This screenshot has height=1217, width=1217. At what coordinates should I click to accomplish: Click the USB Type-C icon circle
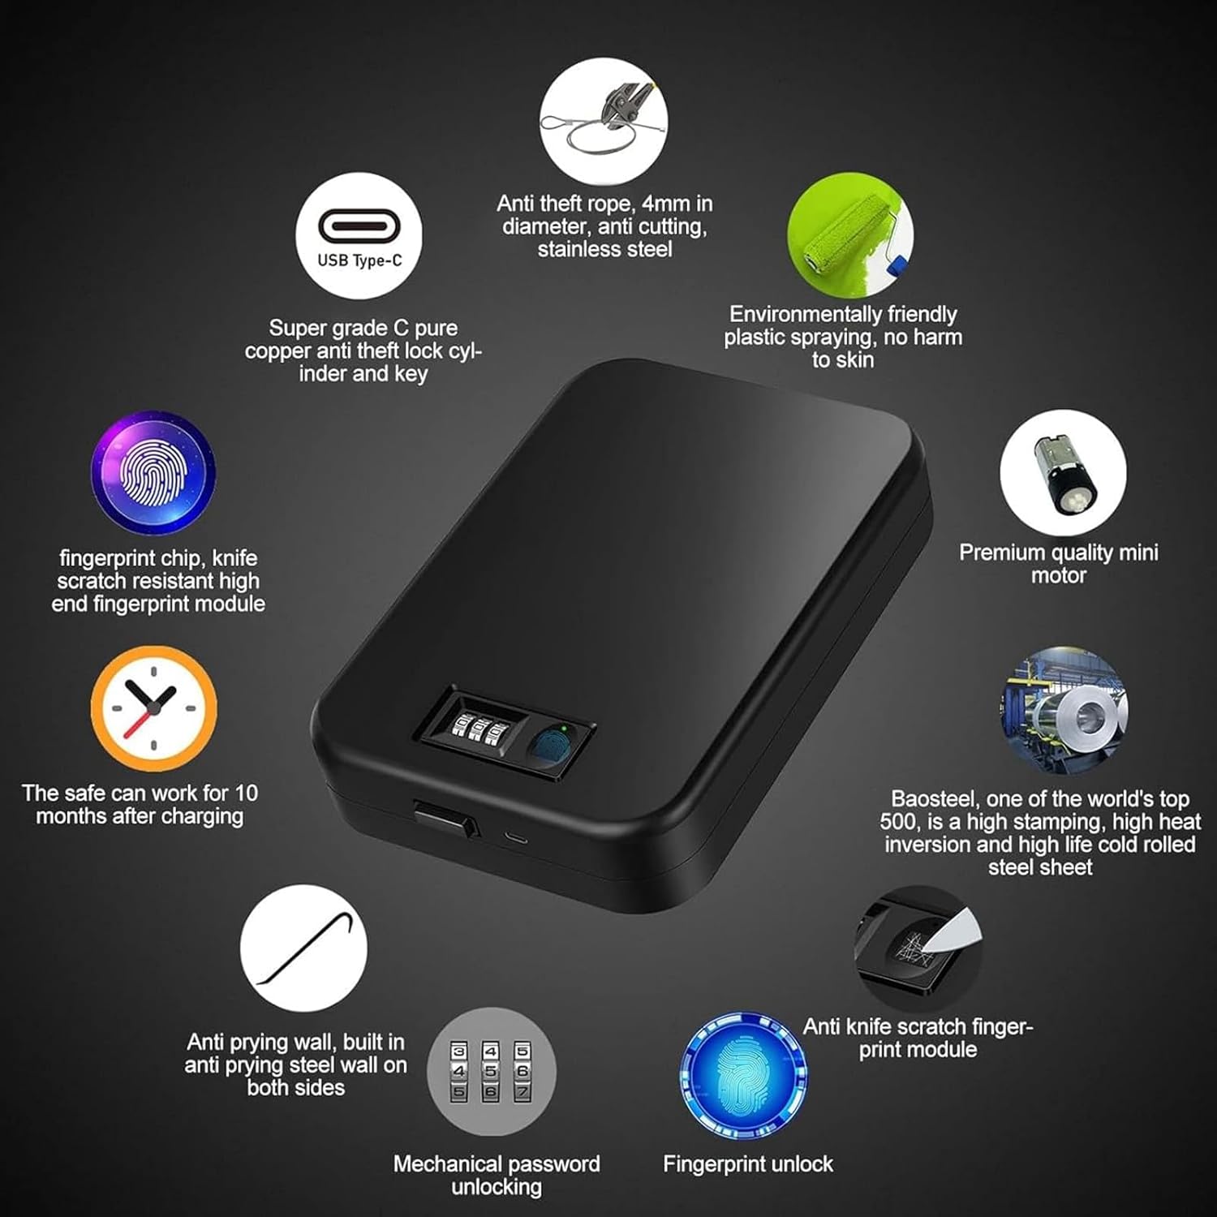coord(359,236)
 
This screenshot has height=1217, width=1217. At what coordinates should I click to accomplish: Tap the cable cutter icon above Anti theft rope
coord(604,121)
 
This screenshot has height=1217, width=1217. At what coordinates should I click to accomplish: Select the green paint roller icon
coord(850,235)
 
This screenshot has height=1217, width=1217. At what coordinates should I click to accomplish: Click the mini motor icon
coord(1063,473)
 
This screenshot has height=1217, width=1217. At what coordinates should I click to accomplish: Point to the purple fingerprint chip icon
coord(153,473)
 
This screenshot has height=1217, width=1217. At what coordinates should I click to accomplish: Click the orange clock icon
coord(153,708)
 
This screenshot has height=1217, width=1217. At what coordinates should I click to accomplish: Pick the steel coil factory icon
coord(1064,710)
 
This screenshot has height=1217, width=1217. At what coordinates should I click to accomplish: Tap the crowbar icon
coord(303,948)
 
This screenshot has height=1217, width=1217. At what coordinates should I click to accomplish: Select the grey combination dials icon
coord(492,1072)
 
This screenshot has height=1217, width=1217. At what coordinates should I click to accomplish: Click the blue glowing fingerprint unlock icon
coord(744,1075)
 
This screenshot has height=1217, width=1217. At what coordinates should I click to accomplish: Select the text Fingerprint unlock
coord(748,1164)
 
